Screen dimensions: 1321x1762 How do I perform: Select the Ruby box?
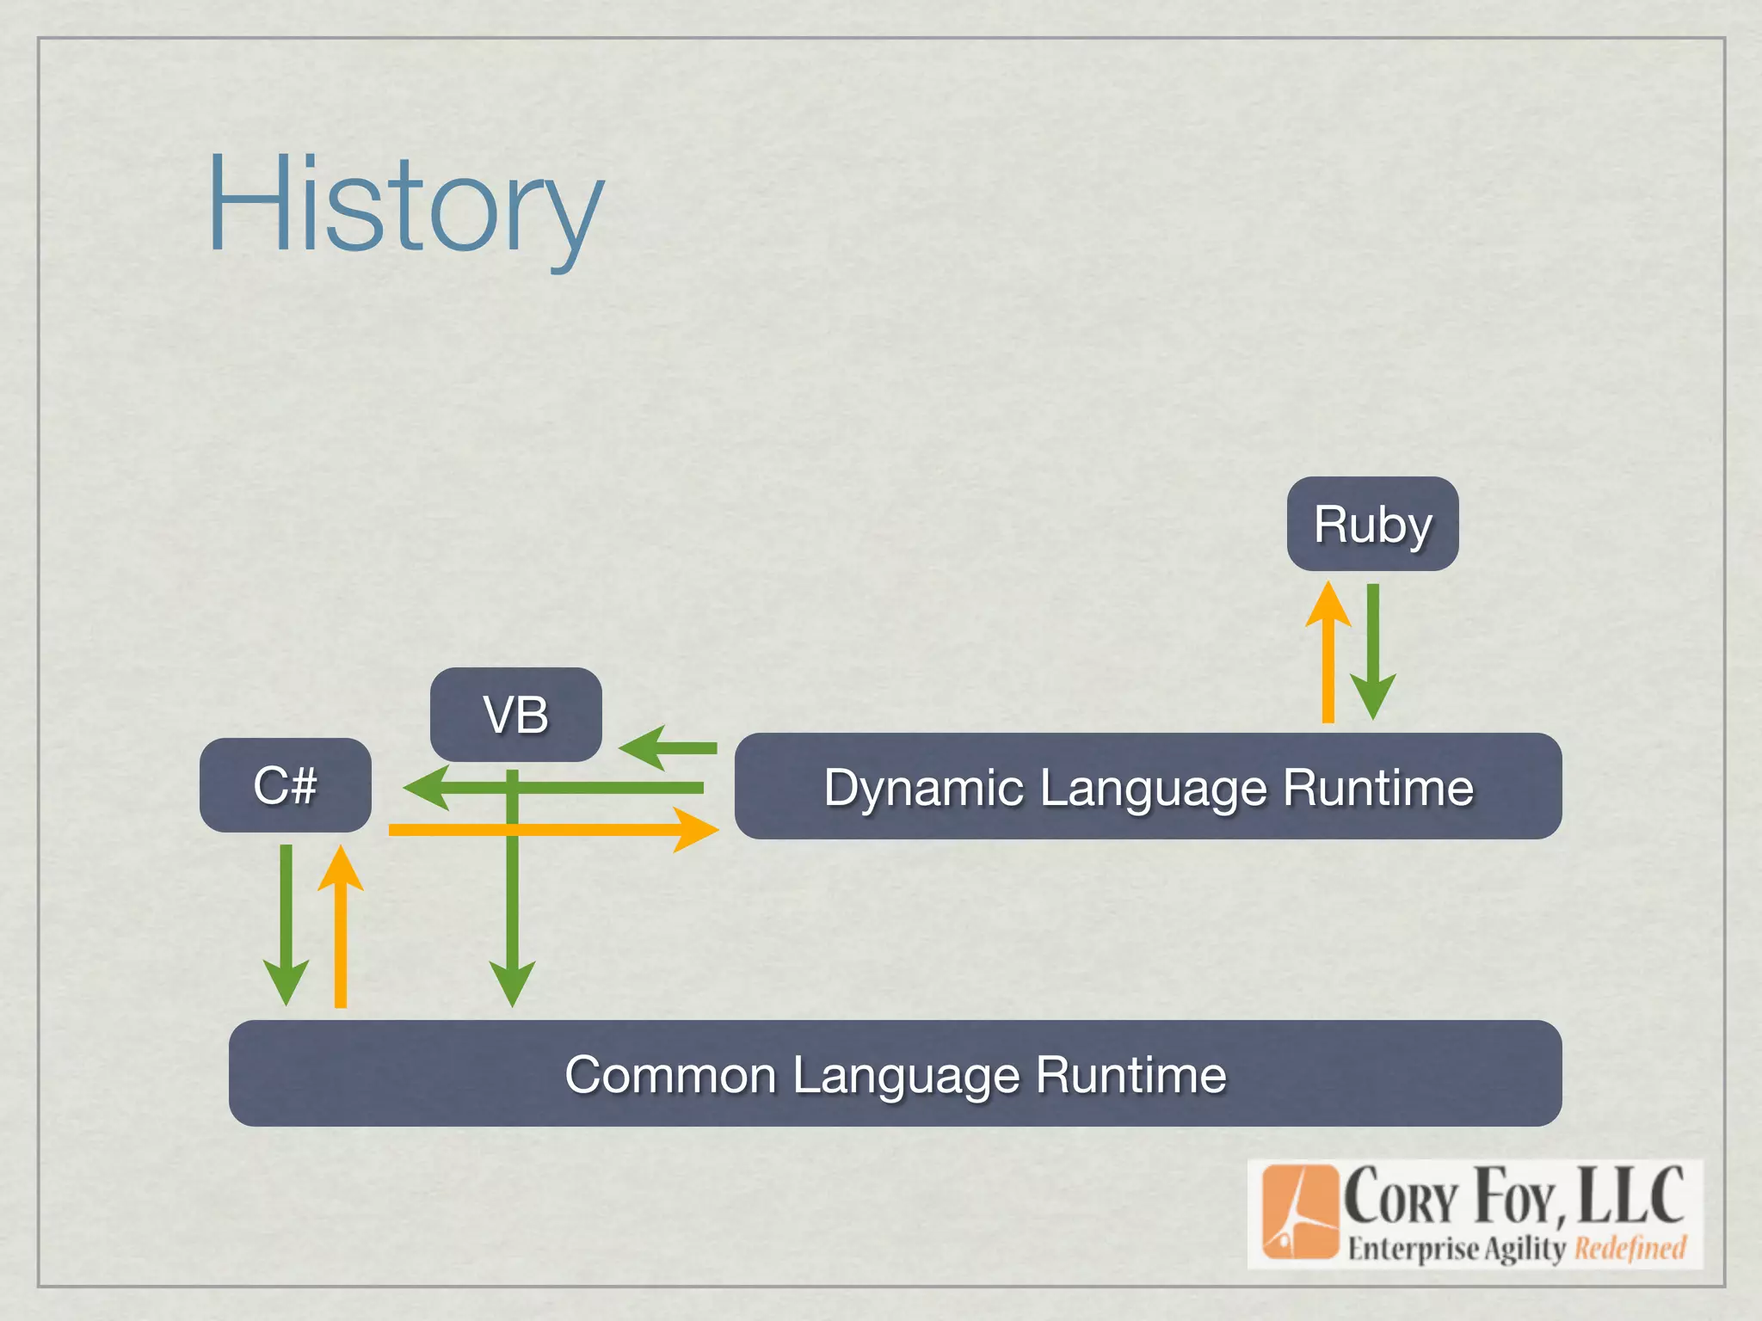pyautogui.click(x=1372, y=524)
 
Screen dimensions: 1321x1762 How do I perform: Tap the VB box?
pyautogui.click(x=515, y=714)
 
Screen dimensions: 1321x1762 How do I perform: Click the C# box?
pyautogui.click(x=285, y=785)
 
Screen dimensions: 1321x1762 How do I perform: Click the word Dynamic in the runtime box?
pyautogui.click(x=923, y=788)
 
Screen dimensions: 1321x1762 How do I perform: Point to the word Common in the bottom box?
pyautogui.click(x=670, y=1075)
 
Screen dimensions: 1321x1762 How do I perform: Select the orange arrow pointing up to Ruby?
pyautogui.click(x=1328, y=654)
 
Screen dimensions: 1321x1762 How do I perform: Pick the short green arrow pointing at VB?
pyautogui.click(x=667, y=747)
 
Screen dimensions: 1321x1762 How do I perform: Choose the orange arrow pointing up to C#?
pyautogui.click(x=341, y=929)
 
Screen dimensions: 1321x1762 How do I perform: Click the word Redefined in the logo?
pyautogui.click(x=1630, y=1248)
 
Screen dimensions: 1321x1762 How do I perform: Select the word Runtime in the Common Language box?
pyautogui.click(x=1131, y=1075)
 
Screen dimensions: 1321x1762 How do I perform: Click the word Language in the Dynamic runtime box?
pyautogui.click(x=1153, y=788)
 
